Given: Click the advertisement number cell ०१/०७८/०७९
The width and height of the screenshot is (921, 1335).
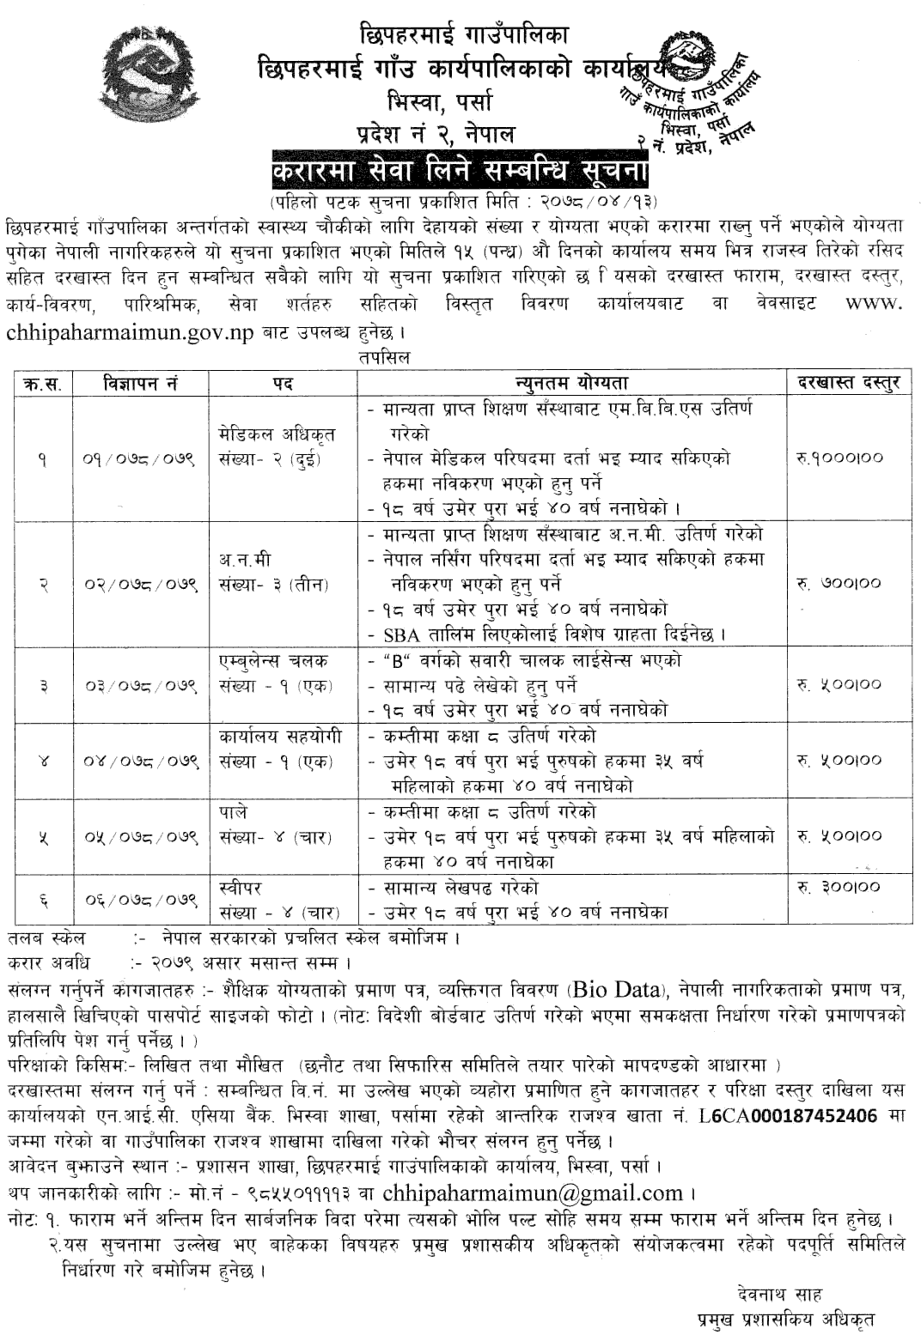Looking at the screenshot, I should point(142,459).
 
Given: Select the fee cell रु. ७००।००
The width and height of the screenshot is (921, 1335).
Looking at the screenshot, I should point(839,583).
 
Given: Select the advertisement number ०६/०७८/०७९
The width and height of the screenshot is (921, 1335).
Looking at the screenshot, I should point(142,900).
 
